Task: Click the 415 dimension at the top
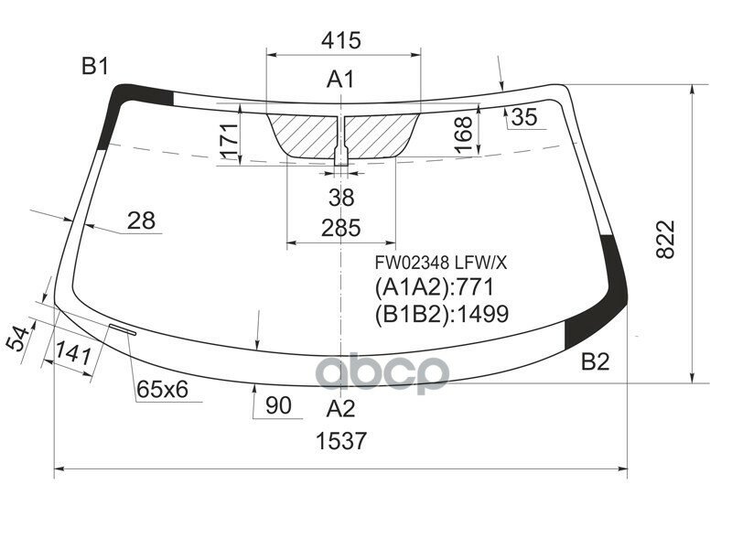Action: point(341,40)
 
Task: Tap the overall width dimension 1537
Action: point(341,441)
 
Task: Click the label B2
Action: point(595,362)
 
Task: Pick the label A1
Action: point(340,81)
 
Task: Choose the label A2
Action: point(340,407)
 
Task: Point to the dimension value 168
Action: point(465,135)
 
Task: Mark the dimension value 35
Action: point(523,117)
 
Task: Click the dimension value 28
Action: point(141,221)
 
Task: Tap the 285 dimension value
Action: point(340,228)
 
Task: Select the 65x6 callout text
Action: point(163,391)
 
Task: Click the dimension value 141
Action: point(73,353)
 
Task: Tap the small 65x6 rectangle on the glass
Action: point(122,328)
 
